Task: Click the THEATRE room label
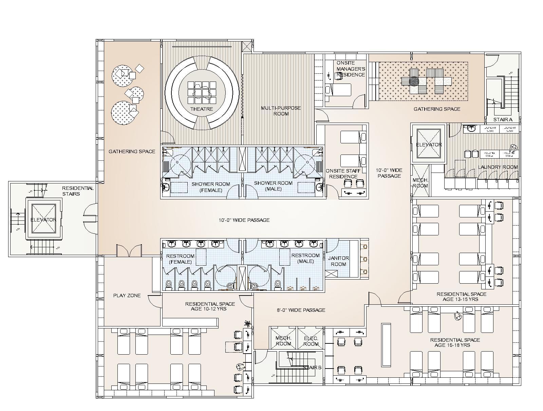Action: click(202, 109)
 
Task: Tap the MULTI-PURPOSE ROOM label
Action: click(281, 111)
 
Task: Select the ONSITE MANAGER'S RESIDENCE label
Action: click(351, 69)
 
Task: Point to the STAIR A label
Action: click(503, 120)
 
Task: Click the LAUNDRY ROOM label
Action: click(498, 167)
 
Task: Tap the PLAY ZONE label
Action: click(127, 296)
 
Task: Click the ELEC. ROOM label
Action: click(311, 341)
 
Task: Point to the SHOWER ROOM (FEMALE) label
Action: click(211, 187)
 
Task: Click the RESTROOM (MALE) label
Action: click(305, 258)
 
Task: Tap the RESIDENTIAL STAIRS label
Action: click(78, 191)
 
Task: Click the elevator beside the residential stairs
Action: click(43, 219)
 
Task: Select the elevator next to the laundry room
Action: click(429, 144)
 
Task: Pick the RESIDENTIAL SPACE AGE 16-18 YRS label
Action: click(455, 342)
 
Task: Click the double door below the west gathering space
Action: click(129, 251)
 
